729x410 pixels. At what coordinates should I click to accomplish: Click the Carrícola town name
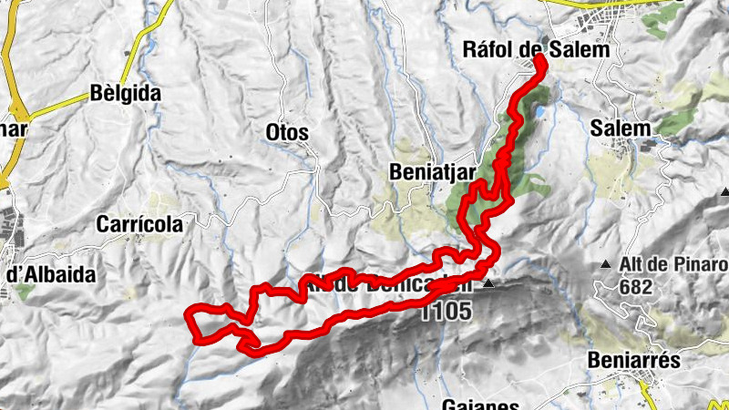coord(139,222)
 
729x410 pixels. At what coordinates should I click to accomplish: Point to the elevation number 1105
coord(447,311)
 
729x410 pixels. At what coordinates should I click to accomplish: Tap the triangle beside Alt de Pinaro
coord(605,265)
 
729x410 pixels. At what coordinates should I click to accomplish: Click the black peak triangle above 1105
coord(488,285)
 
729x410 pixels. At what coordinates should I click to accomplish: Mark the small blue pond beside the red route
coord(543,112)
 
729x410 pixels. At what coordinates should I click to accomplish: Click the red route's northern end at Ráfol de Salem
coord(539,59)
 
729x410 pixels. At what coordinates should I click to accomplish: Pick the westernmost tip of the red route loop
coord(188,316)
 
